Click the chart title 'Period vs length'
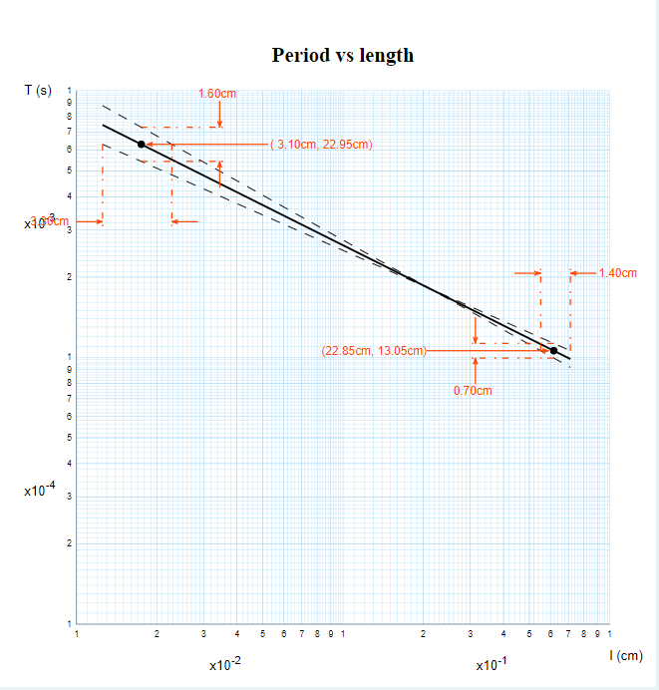coord(342,55)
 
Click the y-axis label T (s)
coord(38,91)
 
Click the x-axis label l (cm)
coord(626,655)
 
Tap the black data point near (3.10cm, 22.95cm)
coord(141,145)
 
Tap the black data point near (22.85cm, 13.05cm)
coord(553,350)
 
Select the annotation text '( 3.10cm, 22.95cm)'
coord(321,145)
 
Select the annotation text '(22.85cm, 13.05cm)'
coord(375,350)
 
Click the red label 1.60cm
coord(217,94)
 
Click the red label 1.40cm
coord(618,272)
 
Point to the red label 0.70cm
coord(473,391)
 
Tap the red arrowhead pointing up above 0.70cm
coord(476,363)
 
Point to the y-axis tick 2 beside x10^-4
coord(69,543)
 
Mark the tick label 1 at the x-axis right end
coord(608,633)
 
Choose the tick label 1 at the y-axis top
coord(69,91)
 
